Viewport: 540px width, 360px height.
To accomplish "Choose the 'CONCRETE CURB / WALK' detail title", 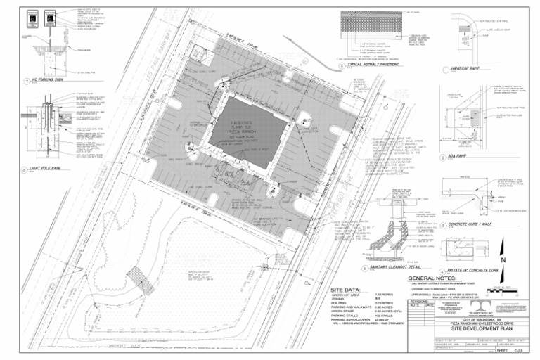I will [x=478, y=227].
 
